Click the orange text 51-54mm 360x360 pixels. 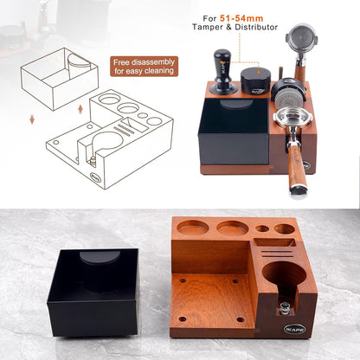241,18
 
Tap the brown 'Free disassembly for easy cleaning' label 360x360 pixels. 145,67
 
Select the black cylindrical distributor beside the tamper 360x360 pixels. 255,80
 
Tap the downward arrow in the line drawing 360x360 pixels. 32,119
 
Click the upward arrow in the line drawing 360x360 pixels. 80,109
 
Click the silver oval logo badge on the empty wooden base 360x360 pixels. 294,329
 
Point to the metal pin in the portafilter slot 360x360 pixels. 285,307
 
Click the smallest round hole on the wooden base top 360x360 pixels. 262,228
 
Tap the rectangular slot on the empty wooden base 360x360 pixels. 275,242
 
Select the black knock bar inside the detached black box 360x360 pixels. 100,271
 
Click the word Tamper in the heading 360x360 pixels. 208,28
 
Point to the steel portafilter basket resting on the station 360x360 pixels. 292,119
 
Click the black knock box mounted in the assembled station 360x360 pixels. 234,131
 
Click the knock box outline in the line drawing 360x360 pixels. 60,79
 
